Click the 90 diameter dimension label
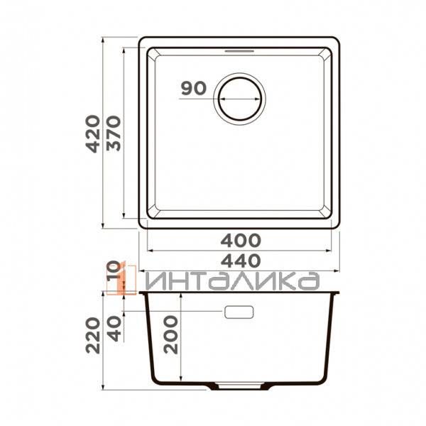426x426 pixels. click(192, 89)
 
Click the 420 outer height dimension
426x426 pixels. click(94, 132)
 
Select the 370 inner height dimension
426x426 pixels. click(114, 132)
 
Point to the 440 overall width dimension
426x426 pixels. click(240, 259)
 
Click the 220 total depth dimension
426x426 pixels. click(94, 337)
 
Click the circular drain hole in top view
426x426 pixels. click(241, 98)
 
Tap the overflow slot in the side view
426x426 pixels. click(240, 312)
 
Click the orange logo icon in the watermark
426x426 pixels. click(126, 278)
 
